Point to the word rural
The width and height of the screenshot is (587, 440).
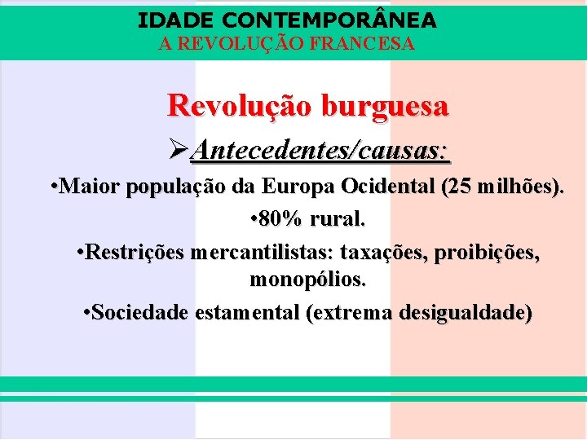click(x=338, y=219)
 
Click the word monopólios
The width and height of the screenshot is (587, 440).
click(x=307, y=281)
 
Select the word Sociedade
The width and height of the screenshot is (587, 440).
click(x=140, y=312)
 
